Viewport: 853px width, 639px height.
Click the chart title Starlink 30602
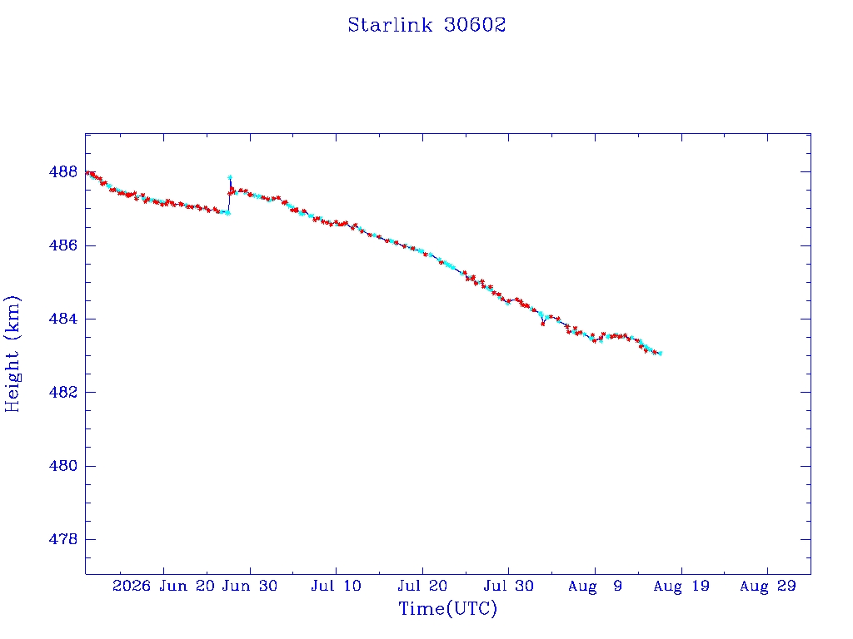[x=426, y=24]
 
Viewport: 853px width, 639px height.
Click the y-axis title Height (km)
[x=12, y=354]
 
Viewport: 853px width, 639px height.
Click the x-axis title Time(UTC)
[x=447, y=608]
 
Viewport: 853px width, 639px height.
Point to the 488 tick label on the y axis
[x=63, y=171]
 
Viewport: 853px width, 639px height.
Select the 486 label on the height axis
[x=63, y=245]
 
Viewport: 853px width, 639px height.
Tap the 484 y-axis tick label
[x=63, y=319]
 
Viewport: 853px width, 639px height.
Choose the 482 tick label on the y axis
[x=63, y=393]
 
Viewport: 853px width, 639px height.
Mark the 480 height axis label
[x=63, y=466]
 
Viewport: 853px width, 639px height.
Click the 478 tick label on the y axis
[x=63, y=539]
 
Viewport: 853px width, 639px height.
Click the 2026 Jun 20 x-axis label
[x=164, y=587]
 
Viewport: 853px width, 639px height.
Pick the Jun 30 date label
[x=250, y=587]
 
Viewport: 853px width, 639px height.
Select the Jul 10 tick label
[x=337, y=587]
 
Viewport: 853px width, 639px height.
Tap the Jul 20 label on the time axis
[x=422, y=587]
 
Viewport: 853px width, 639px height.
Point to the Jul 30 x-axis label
[x=509, y=587]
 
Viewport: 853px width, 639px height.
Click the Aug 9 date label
[x=595, y=587]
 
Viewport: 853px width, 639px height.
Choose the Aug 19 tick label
[x=681, y=587]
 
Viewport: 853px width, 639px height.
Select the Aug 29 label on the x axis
[x=767, y=587]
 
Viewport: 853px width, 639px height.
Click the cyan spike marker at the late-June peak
[x=230, y=177]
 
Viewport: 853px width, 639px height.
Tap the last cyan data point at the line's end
[x=660, y=354]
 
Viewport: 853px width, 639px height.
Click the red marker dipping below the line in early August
[x=542, y=324]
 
